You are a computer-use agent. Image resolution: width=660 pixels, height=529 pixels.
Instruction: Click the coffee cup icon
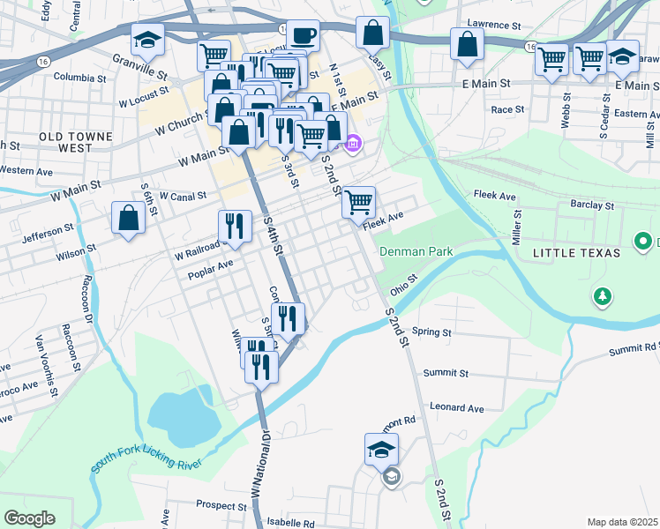[304, 36]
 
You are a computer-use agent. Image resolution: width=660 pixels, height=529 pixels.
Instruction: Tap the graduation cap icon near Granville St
[147, 39]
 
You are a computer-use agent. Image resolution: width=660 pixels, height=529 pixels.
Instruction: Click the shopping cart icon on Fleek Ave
[358, 202]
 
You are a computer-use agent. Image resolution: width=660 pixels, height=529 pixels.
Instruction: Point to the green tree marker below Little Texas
[603, 296]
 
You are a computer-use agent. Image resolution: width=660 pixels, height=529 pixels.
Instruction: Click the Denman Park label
[416, 251]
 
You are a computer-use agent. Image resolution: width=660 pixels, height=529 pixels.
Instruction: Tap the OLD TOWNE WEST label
[76, 142]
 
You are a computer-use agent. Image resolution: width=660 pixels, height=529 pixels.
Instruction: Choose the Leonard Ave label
[457, 408]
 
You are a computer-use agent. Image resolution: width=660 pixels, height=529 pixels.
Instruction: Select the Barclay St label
[592, 205]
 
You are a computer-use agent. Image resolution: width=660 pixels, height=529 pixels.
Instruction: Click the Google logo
[30, 518]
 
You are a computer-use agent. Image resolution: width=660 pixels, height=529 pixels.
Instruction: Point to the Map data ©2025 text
[621, 522]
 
